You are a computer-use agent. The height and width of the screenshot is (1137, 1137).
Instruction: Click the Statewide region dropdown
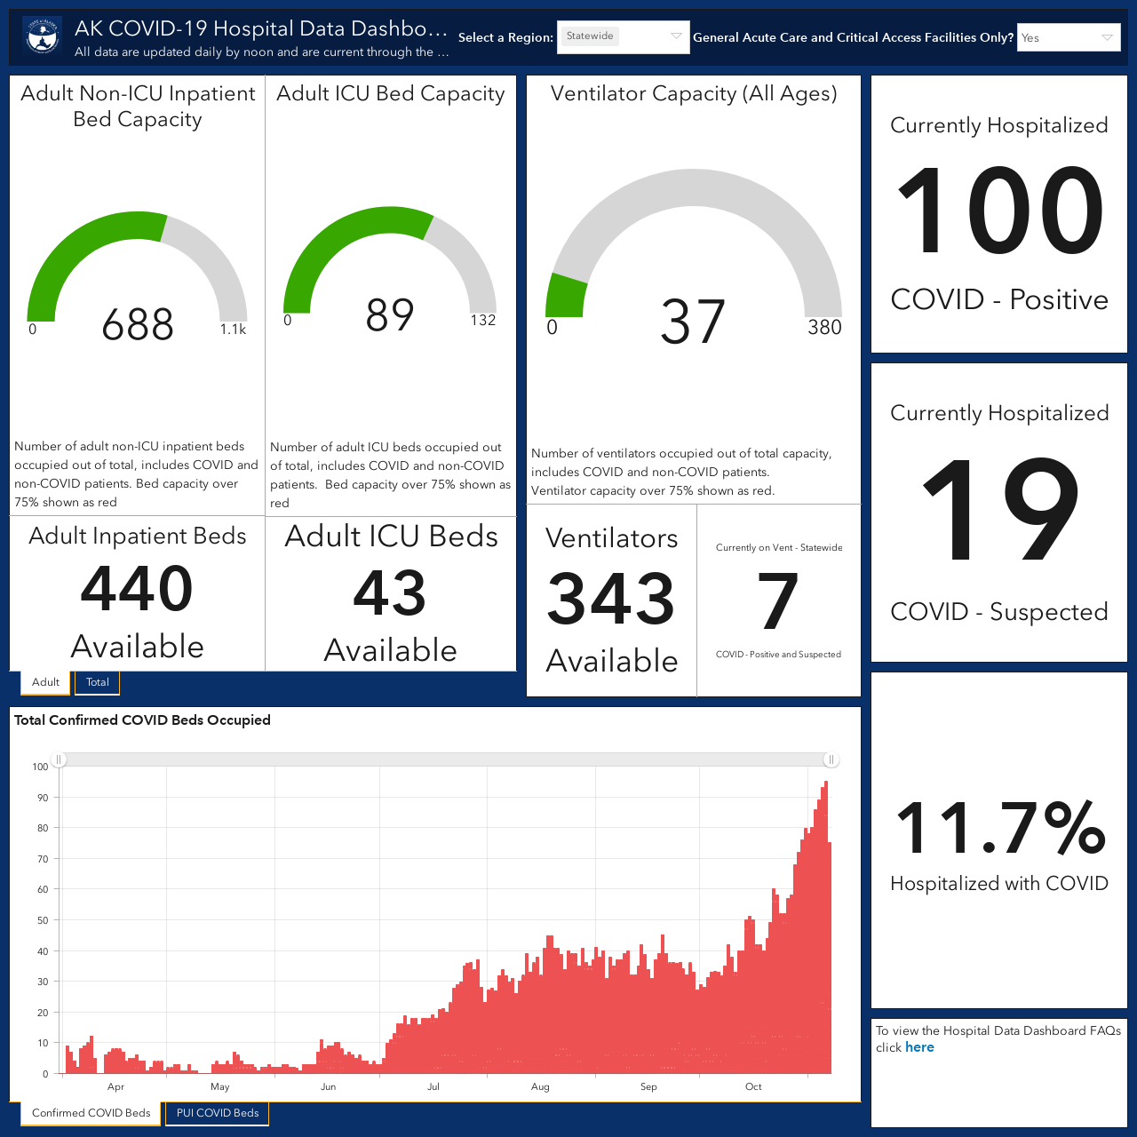point(623,37)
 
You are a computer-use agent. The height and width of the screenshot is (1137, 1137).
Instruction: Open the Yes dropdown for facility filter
point(1069,37)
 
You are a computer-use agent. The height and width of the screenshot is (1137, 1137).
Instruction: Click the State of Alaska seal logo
point(43,36)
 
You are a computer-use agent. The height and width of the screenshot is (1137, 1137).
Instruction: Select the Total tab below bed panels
point(98,682)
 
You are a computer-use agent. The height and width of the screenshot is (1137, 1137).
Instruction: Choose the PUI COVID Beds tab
point(217,1113)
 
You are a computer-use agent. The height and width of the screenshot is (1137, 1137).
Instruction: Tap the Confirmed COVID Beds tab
point(91,1113)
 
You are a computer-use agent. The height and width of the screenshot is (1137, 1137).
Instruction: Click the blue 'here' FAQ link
point(919,1047)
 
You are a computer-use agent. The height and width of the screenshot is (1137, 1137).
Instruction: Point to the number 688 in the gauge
point(138,324)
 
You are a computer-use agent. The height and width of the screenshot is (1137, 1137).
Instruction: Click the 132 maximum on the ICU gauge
point(482,321)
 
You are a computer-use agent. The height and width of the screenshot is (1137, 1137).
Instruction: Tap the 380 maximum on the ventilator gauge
point(824,327)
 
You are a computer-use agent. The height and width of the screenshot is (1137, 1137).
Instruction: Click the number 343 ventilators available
point(610,600)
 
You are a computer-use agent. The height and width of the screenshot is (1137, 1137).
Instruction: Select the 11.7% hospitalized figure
point(1000,828)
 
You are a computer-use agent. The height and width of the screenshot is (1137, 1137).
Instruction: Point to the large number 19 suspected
point(1000,509)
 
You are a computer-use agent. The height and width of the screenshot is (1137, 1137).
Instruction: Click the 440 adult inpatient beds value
point(137,589)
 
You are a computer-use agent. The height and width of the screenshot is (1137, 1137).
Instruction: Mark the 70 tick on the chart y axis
point(43,859)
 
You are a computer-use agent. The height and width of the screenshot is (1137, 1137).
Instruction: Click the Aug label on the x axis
point(540,1087)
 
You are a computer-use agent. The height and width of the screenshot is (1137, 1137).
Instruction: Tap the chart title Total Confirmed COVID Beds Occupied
point(142,720)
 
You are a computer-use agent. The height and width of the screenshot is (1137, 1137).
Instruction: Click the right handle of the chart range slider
point(831,759)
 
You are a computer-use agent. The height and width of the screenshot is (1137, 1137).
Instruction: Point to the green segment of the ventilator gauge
point(565,296)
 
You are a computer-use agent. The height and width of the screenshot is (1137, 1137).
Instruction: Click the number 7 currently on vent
point(777,600)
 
